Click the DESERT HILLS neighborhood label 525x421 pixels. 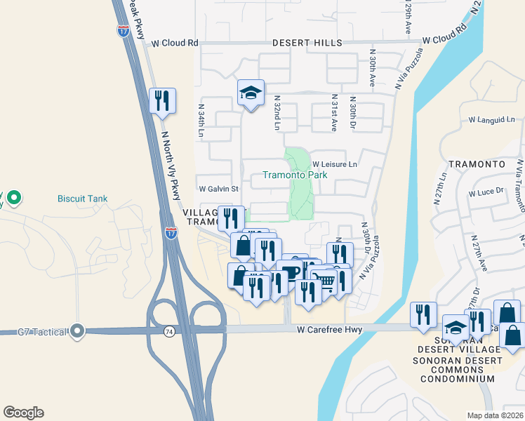[307, 43]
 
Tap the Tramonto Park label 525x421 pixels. [295, 175]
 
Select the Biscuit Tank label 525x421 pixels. [83, 199]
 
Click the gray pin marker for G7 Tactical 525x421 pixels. [77, 330]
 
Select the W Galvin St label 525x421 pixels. [219, 189]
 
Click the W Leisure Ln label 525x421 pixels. [335, 164]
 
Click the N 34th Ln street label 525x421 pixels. [201, 121]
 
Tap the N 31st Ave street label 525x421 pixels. [334, 114]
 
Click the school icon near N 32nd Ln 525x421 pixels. [250, 94]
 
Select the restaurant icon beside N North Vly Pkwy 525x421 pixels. [162, 100]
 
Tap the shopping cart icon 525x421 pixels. [323, 280]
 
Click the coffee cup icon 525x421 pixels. [289, 272]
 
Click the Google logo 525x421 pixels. [23, 412]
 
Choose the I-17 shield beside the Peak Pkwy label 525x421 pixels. [123, 29]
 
